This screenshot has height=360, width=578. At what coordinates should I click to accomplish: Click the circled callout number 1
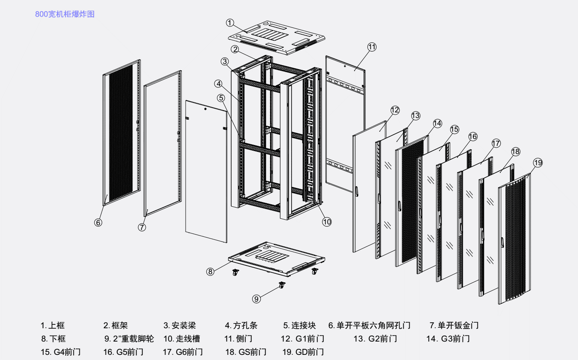point(230,22)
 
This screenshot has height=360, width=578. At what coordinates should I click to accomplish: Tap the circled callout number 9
point(256,299)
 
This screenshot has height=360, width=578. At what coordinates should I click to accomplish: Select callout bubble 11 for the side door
point(372,47)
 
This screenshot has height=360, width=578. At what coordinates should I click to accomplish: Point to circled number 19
point(538,163)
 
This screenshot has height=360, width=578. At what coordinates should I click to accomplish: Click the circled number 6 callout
point(98,223)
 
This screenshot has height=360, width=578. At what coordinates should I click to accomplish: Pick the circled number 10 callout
point(327,222)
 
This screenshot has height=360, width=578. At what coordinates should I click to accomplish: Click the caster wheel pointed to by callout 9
point(282,285)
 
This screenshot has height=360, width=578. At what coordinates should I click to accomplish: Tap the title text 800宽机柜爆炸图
point(65,14)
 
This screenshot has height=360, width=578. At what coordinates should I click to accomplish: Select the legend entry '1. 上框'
point(53,326)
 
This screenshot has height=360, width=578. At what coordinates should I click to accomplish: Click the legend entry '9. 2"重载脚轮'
point(129,339)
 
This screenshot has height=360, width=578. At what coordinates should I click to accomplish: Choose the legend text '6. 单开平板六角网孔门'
point(370,326)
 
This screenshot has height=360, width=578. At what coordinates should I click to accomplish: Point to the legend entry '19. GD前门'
point(303,352)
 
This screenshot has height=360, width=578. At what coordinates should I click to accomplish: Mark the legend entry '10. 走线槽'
point(182,339)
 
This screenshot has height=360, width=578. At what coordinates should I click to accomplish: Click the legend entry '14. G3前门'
point(448,339)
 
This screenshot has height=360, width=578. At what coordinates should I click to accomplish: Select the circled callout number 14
point(437,124)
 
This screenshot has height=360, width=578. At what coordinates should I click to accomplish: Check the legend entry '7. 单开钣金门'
point(454,326)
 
